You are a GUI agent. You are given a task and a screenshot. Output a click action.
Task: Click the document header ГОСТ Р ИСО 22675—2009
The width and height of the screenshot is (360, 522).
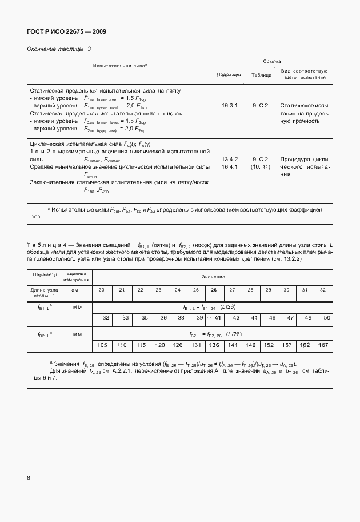(66, 31)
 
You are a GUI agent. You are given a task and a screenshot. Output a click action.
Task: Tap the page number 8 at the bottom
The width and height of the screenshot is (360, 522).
(28, 477)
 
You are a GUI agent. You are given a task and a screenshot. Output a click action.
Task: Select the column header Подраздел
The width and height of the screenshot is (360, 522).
(229, 74)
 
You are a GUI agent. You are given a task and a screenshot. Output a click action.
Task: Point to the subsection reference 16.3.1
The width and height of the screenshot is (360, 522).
(229, 106)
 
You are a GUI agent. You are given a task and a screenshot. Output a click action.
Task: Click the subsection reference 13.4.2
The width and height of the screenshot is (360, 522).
(229, 159)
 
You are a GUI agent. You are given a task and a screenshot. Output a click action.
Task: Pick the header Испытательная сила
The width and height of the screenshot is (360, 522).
(120, 67)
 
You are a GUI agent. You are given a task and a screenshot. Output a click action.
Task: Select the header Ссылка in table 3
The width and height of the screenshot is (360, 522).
(271, 61)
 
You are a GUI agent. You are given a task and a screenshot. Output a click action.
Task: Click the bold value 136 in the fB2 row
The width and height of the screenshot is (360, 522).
(215, 345)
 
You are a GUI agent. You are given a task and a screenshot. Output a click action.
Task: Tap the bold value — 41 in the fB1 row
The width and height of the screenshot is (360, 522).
(215, 317)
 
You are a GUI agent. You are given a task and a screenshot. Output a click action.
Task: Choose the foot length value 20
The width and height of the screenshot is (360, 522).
(102, 290)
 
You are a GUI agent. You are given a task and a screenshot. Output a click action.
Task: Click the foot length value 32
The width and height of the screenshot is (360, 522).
(323, 290)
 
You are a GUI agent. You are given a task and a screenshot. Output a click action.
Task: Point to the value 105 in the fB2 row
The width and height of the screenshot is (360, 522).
(102, 345)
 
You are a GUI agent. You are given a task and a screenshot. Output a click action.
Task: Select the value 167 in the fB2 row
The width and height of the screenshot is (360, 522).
(323, 345)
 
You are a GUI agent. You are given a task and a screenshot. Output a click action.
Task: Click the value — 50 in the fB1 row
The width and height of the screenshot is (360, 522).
(323, 317)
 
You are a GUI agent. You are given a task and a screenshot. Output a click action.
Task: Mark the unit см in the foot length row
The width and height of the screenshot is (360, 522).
(74, 290)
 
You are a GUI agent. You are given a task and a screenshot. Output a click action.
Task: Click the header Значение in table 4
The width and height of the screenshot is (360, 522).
(213, 276)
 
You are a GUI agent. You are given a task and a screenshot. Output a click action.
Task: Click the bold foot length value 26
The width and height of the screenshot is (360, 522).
(214, 290)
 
